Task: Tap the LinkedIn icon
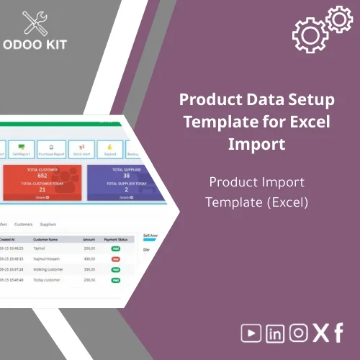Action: coord(275,333)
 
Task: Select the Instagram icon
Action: coord(297,333)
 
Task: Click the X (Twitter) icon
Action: coord(320,333)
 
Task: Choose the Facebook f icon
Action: coord(338,333)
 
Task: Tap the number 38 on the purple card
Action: coord(126,175)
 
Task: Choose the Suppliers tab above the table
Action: coord(49,224)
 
